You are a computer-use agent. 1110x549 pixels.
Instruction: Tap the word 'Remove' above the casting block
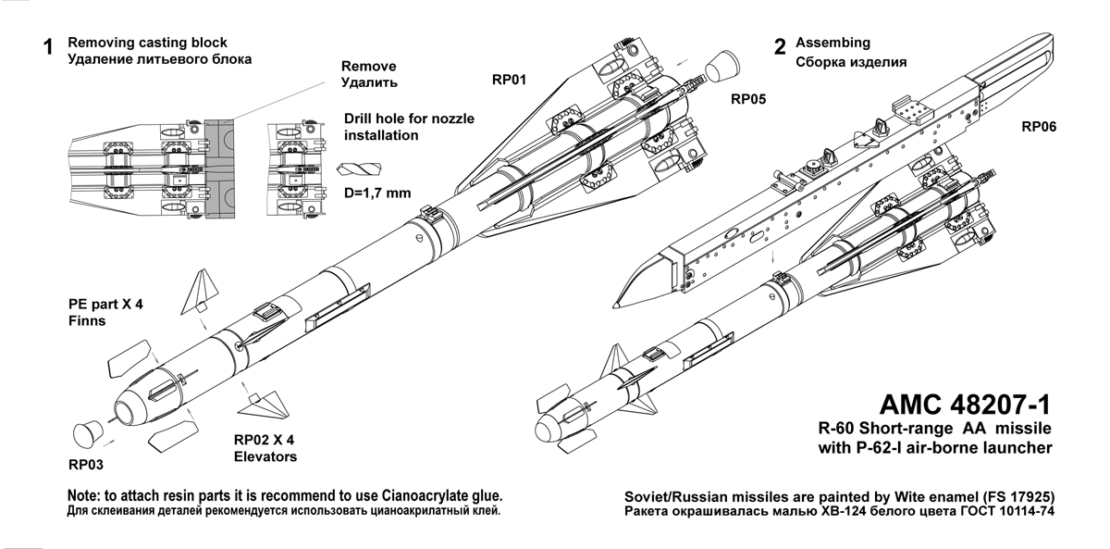pyautogui.click(x=369, y=67)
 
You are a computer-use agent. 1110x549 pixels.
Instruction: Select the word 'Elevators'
pyautogui.click(x=265, y=457)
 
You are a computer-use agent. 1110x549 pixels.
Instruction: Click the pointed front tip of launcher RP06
pyautogui.click(x=616, y=304)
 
